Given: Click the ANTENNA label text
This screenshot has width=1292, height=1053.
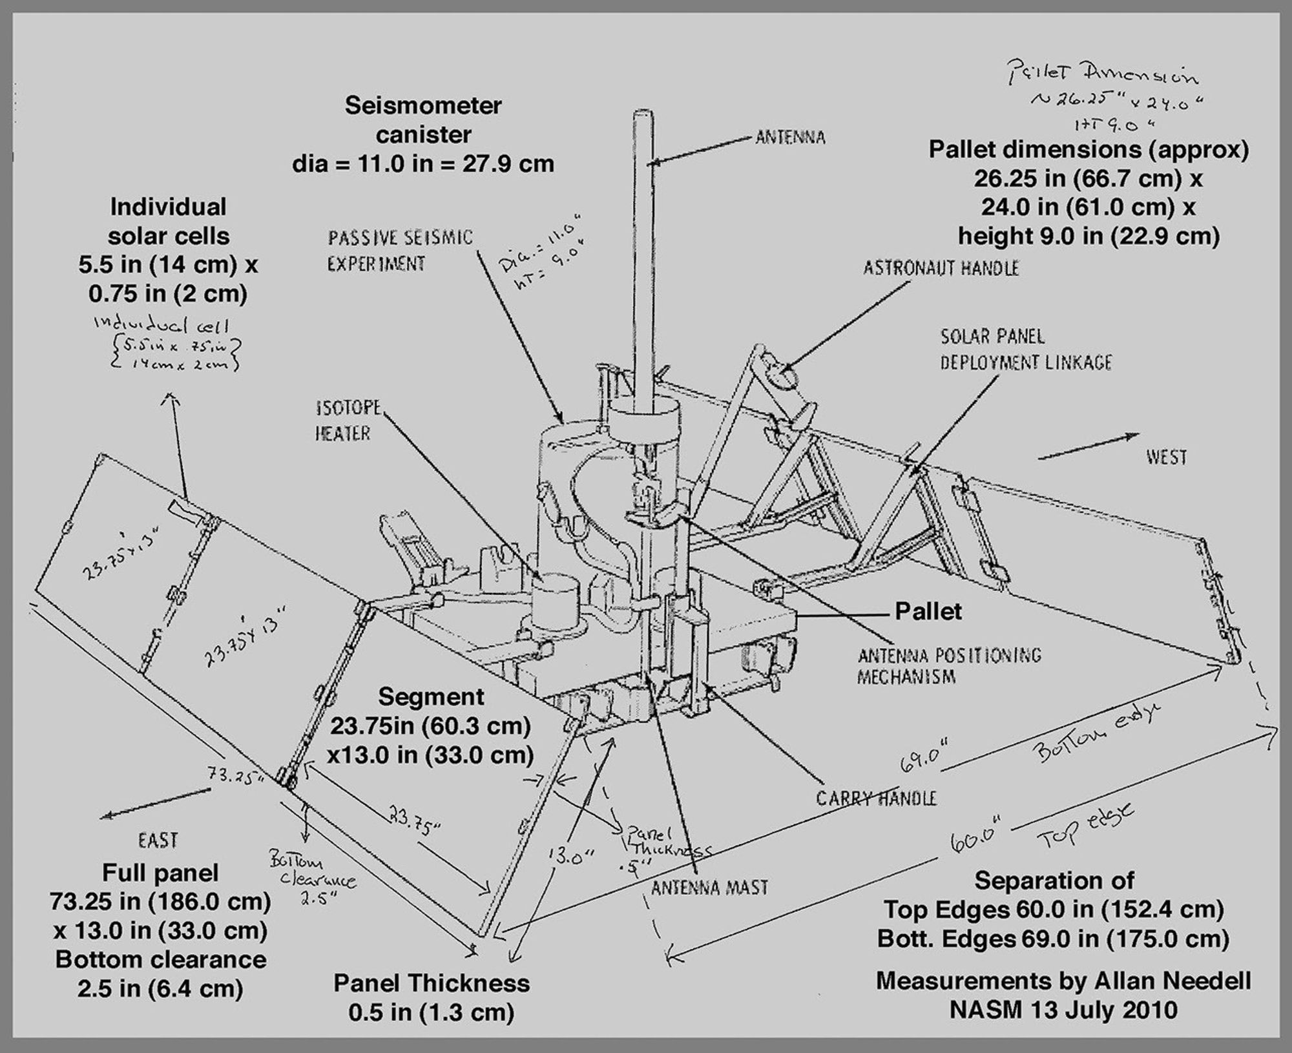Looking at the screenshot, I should pos(790,137).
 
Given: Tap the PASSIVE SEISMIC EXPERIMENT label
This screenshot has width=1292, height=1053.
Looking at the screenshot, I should pos(400,251).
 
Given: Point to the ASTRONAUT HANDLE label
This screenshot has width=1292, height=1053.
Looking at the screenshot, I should pos(941,268).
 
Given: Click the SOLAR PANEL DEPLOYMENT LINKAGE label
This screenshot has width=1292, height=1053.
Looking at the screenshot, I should pos(1025,349).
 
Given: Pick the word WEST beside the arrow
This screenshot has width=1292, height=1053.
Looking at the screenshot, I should pos(1166,457).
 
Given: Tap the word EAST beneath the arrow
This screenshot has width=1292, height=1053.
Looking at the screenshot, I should pos(158,840).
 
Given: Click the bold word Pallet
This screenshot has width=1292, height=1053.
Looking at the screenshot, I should pos(928,611).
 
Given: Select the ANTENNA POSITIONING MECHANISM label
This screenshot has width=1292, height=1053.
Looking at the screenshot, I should pos(949,666).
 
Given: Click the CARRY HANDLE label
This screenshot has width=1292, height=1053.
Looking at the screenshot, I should pos(876,798).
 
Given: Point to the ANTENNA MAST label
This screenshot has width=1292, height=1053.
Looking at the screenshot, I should pos(709,887).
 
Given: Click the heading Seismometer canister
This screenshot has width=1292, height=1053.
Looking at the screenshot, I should pos(423,120).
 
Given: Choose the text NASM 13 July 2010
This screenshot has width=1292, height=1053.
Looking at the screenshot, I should pos(1063,1009).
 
